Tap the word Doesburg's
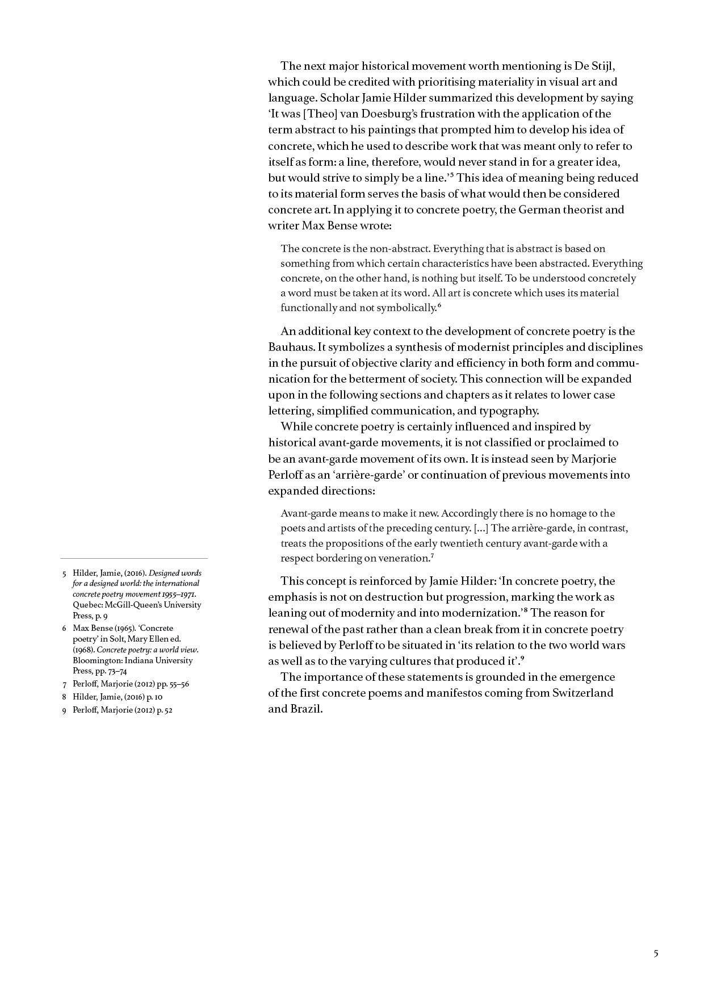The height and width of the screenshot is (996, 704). [x=388, y=114]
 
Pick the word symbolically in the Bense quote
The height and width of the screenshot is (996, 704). [x=406, y=308]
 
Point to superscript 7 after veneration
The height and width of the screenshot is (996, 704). [x=432, y=556]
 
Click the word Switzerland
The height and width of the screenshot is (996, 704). [x=583, y=693]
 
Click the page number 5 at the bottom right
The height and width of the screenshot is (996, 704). [x=656, y=953]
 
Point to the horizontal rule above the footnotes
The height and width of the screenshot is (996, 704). [x=134, y=559]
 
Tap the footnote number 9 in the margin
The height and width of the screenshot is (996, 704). [x=65, y=710]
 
